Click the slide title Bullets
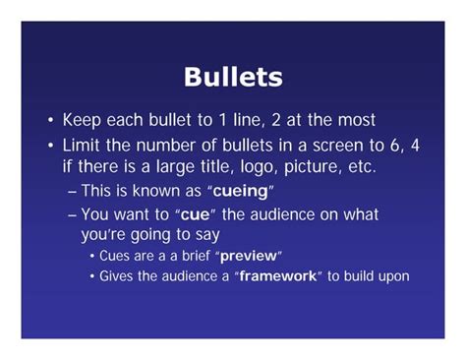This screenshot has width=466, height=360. click(233, 77)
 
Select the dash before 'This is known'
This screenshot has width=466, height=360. click(70, 191)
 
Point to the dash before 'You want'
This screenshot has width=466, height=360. click(70, 213)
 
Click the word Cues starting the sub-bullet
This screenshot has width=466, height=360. click(116, 256)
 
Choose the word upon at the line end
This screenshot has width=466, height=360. click(391, 277)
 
